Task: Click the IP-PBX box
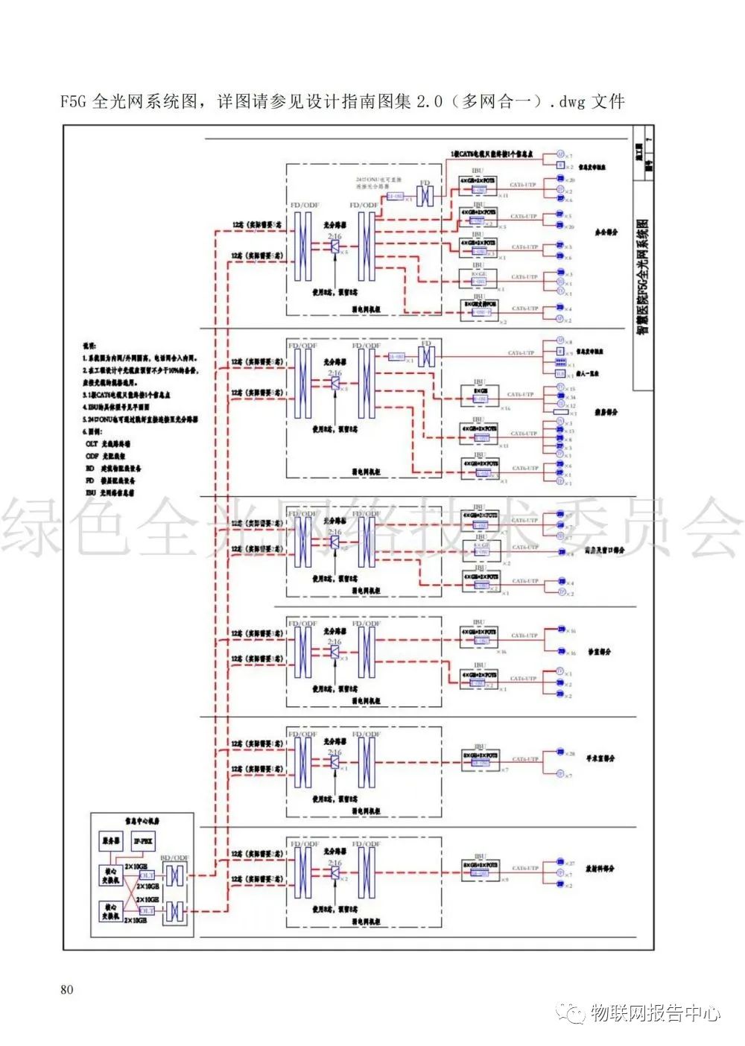[x=143, y=841]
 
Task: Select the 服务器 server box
[x=110, y=841]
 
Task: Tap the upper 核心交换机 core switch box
[x=110, y=875]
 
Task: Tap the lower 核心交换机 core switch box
[x=110, y=911]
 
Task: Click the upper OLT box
[x=147, y=875]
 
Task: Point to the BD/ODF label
[x=175, y=858]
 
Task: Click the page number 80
[x=67, y=989]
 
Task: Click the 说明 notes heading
[x=89, y=345]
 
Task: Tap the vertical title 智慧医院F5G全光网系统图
[x=642, y=276]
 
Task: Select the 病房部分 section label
[x=605, y=412]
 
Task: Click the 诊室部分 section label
[x=599, y=651]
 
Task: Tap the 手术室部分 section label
[x=601, y=758]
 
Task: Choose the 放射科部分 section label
[x=601, y=869]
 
